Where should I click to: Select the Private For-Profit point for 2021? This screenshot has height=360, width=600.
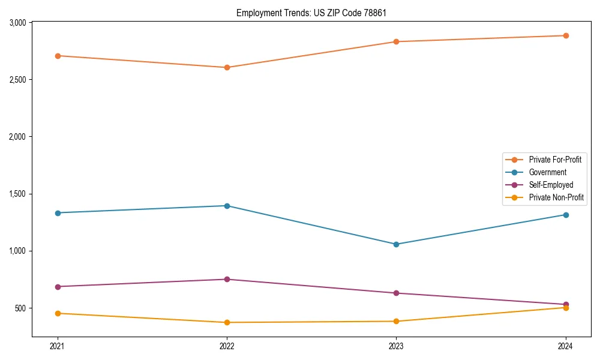[x=58, y=56]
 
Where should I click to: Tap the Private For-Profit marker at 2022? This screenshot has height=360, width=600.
[x=227, y=67]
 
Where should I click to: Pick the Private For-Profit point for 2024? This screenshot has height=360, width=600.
[x=566, y=35]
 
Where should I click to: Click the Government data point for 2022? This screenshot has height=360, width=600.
[x=227, y=206]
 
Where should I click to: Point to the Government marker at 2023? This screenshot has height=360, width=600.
[x=396, y=244]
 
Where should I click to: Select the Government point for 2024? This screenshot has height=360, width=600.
[x=566, y=215]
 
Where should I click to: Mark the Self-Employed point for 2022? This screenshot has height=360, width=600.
[x=227, y=279]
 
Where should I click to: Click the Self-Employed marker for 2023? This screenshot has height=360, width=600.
[x=396, y=293]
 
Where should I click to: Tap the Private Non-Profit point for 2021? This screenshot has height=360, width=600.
[x=58, y=313]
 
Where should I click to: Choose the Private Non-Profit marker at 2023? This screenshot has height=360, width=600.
[x=396, y=321]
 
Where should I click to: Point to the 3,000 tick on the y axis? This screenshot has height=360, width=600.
[x=17, y=23]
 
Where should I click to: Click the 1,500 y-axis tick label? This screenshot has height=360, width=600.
[x=17, y=194]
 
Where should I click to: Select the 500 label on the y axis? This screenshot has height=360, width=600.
[x=20, y=308]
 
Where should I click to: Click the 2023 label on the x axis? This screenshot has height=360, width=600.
[x=396, y=346]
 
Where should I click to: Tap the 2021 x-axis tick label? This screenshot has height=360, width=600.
[x=58, y=346]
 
